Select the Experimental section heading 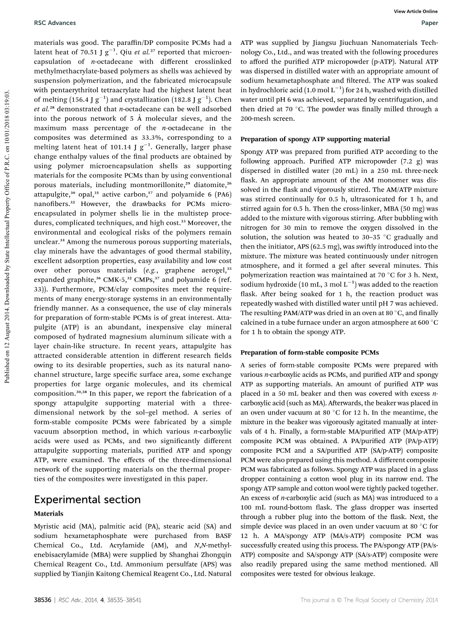(87, 499)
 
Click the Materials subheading (48, 514)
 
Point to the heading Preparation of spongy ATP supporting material (315, 139)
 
